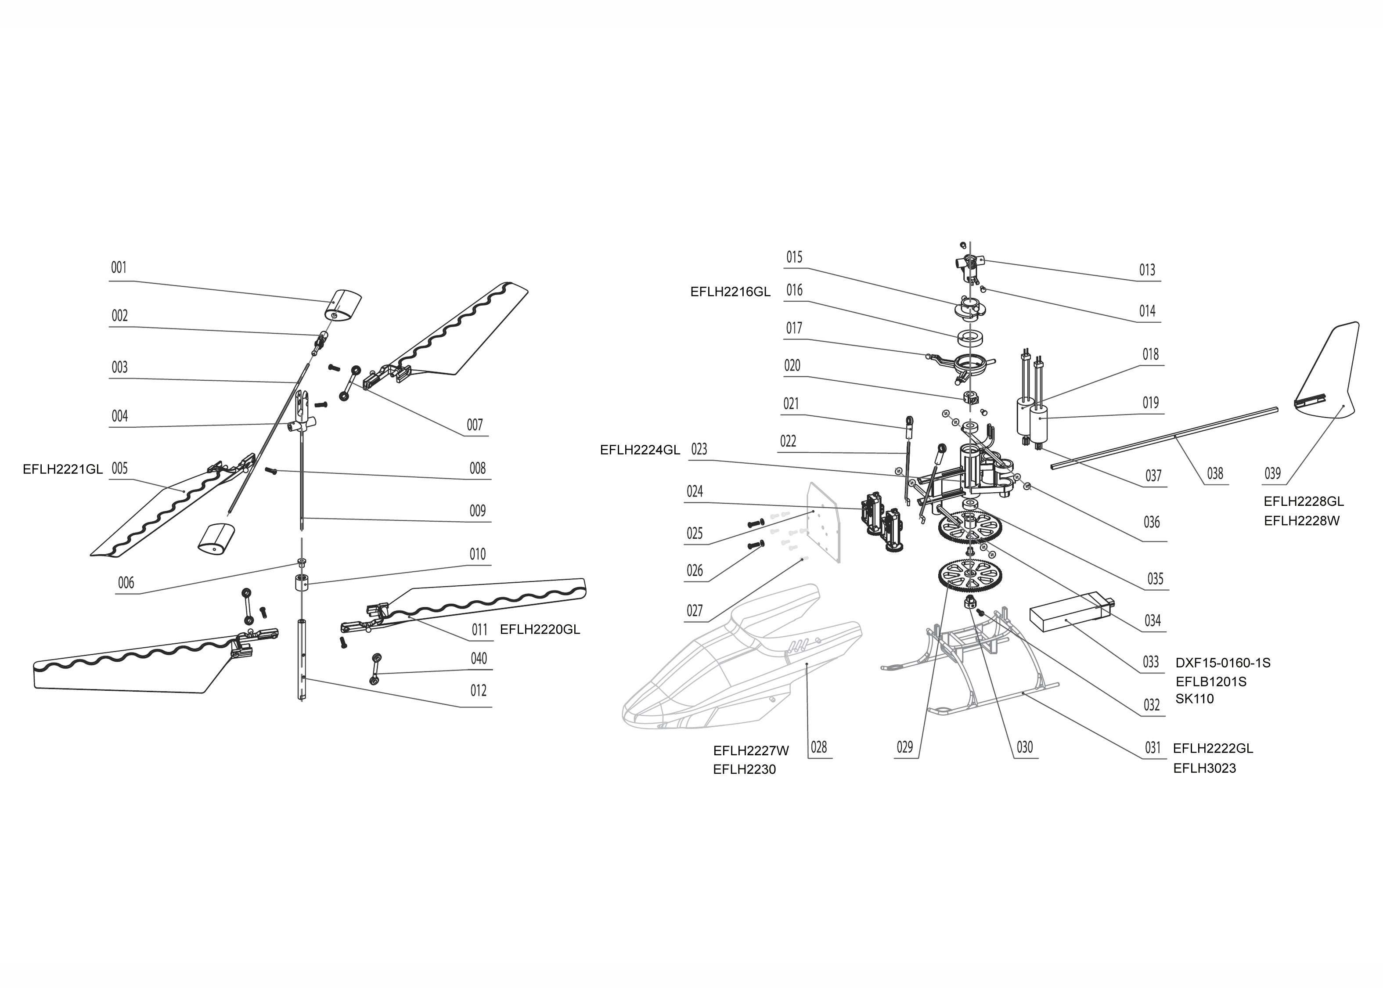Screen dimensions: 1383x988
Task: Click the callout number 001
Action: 119,268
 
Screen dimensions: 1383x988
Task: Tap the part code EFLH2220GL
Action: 540,630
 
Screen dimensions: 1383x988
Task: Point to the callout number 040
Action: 479,658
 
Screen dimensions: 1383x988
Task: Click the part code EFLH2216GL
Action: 731,292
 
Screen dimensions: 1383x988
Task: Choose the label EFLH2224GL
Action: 640,450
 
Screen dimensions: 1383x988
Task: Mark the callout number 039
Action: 1272,473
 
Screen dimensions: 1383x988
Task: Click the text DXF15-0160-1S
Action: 1223,663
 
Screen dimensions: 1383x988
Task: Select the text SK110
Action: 1195,699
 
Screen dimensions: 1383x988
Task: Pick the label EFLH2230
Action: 745,770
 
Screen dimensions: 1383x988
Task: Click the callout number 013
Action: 1147,270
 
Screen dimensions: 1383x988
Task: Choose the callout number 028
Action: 819,747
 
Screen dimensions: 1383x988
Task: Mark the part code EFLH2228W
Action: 1301,521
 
